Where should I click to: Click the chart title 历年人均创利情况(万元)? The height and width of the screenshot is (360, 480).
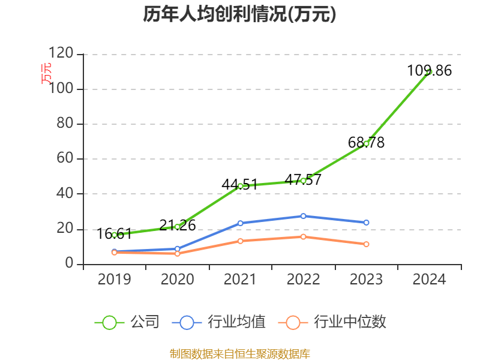point(239,14)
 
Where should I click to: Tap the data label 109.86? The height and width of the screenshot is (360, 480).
point(429,71)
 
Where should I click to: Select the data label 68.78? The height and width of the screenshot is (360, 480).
point(366,143)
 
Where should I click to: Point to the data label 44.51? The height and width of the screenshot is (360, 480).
point(239,184)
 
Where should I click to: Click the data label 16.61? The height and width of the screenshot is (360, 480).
point(114,233)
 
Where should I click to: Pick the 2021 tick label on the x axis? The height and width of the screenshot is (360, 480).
point(240,280)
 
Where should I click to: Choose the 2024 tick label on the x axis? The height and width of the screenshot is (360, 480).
point(430,280)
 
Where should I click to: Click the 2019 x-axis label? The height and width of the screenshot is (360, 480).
point(114,280)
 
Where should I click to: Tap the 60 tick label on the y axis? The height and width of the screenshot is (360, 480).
point(65,159)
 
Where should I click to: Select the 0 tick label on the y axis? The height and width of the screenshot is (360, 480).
point(70,264)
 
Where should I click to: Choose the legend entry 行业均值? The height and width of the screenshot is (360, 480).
point(219,322)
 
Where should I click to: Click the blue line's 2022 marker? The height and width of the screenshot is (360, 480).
point(303,216)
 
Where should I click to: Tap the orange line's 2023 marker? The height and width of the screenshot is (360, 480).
point(367,244)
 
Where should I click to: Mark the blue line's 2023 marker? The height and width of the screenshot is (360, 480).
point(367,223)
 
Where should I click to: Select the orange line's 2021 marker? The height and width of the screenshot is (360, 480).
point(240,241)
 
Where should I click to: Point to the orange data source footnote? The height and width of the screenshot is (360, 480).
point(239,353)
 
